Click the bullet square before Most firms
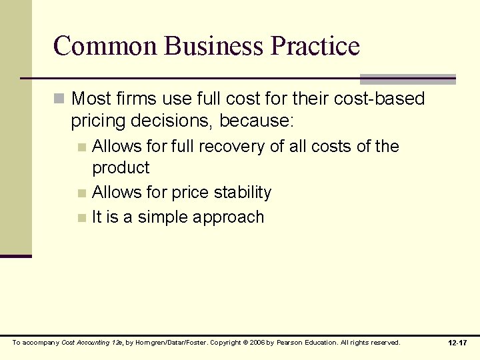59,99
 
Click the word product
121,167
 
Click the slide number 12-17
458,343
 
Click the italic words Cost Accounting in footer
83,343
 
